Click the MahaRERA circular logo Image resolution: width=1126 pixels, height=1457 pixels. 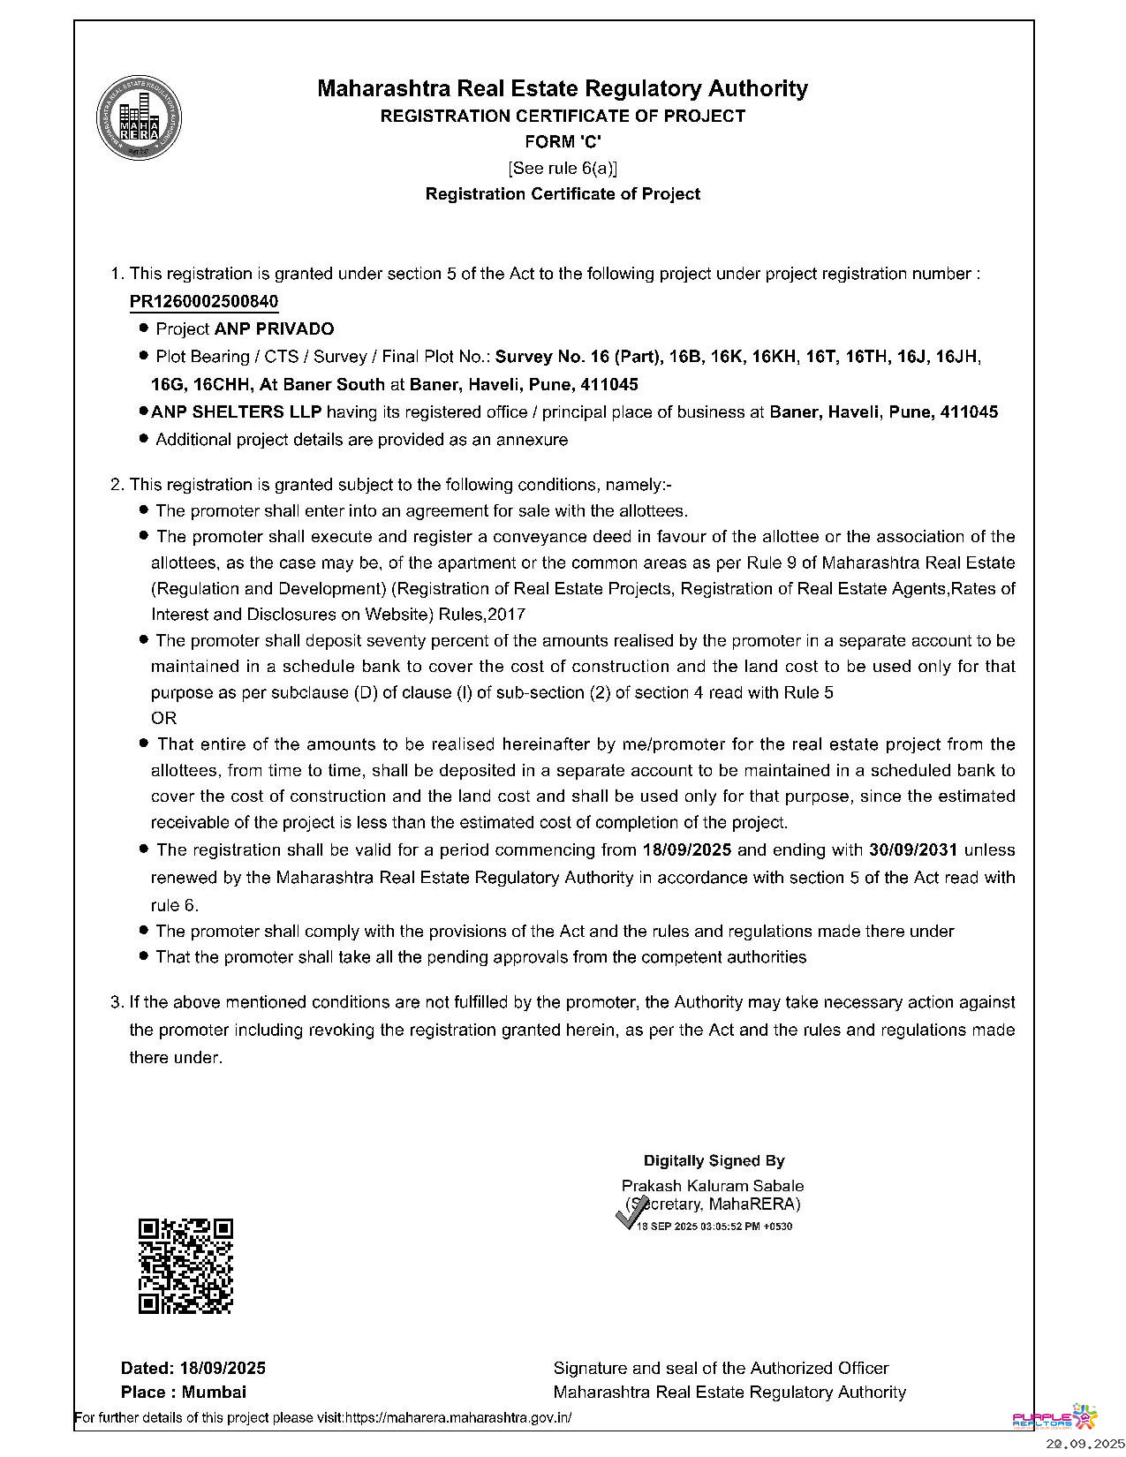(139, 119)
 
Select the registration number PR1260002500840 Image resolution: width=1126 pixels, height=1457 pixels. (204, 301)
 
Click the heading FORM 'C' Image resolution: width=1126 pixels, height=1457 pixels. (563, 141)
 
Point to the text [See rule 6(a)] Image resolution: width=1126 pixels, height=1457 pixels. (563, 168)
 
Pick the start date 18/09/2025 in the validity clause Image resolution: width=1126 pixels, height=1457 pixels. (687, 849)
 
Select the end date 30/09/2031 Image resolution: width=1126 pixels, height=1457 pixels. (913, 849)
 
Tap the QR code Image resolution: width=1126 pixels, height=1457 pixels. (185, 1266)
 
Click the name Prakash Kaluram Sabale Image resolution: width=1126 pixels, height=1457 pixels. (713, 1185)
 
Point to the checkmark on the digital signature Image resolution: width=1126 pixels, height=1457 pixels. (630, 1215)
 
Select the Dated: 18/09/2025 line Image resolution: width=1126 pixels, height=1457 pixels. (193, 1368)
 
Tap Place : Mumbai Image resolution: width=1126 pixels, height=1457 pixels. (184, 1392)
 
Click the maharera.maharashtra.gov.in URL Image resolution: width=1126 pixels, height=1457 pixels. (457, 1418)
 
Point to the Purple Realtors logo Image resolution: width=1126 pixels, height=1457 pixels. (1054, 1417)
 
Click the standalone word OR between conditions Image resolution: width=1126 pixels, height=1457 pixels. (164, 718)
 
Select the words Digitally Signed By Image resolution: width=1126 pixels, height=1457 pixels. (714, 1160)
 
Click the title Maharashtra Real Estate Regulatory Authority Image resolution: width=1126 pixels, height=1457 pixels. (563, 88)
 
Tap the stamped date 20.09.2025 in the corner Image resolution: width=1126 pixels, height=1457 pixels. (1085, 1444)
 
